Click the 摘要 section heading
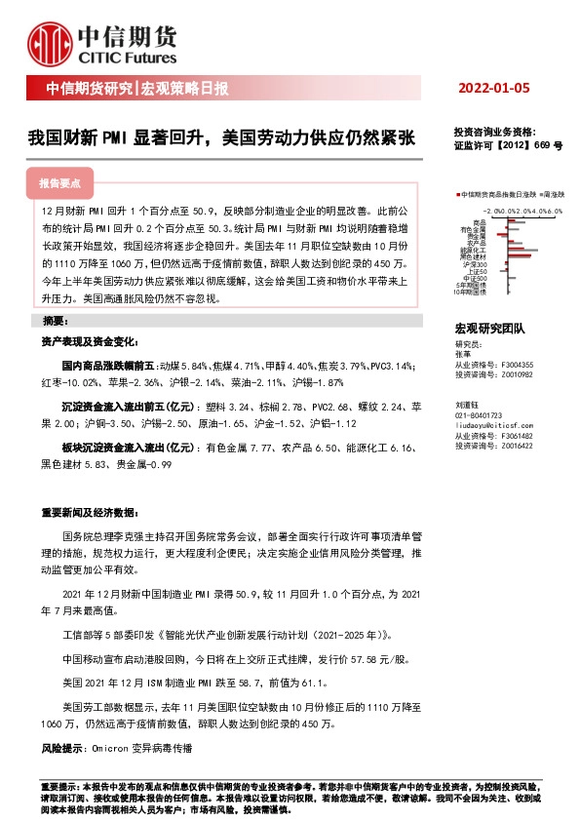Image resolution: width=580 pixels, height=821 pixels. pyautogui.click(x=57, y=321)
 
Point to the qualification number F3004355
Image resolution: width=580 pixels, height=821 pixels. pyautogui.click(x=515, y=364)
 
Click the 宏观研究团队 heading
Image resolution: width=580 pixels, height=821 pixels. pyautogui.click(x=489, y=330)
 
